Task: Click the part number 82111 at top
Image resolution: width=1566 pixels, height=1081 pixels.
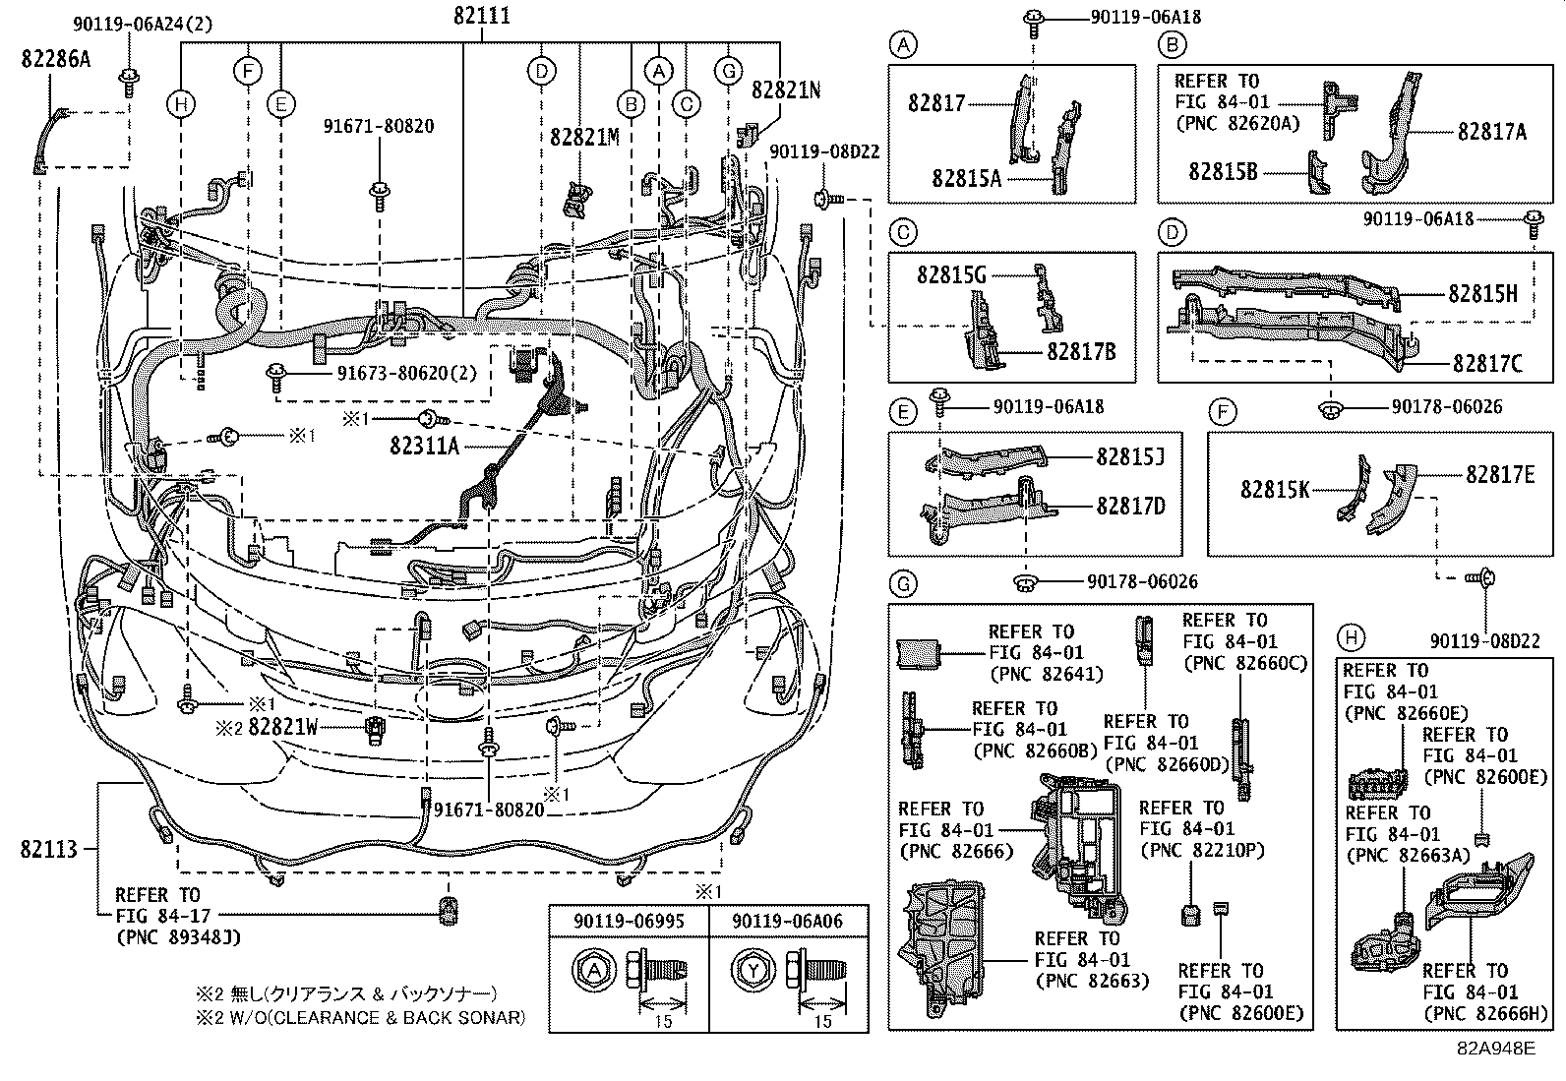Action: tap(482, 17)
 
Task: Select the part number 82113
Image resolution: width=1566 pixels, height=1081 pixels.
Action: tap(47, 848)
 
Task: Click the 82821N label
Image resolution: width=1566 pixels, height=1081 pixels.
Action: tap(785, 90)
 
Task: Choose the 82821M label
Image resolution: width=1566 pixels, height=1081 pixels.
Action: tap(584, 137)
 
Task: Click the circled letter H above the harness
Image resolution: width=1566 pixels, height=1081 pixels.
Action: tap(181, 104)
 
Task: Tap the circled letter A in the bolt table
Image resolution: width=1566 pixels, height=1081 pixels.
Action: tap(592, 970)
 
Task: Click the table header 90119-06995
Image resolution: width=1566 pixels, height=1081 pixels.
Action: tap(629, 921)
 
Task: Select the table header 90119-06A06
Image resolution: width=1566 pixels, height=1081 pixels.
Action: tap(788, 921)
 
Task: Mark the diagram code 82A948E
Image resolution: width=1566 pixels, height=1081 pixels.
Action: tap(1495, 1049)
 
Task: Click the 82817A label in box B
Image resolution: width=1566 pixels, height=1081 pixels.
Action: tap(1491, 132)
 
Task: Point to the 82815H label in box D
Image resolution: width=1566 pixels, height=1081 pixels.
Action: tap(1482, 293)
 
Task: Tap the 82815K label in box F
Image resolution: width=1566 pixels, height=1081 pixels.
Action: tap(1275, 488)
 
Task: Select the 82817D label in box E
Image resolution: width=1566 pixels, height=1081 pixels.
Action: tap(1130, 506)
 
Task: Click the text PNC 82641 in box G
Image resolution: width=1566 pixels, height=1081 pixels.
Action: tap(1045, 674)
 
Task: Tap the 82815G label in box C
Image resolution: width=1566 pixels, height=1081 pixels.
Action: tap(951, 275)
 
